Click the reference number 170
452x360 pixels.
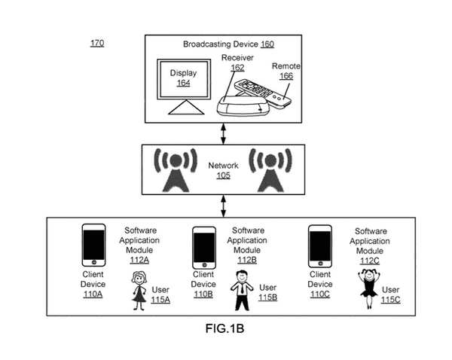(x=97, y=43)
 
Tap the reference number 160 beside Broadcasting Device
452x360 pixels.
(x=267, y=44)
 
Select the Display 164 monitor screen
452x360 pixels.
(x=184, y=79)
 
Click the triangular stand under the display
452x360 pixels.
(x=186, y=107)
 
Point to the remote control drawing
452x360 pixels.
(x=262, y=93)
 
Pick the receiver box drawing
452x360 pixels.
(x=243, y=105)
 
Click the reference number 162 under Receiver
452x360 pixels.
(x=237, y=68)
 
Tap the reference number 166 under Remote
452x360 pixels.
(x=286, y=76)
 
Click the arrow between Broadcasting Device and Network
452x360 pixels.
(x=223, y=134)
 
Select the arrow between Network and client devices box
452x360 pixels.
(x=223, y=206)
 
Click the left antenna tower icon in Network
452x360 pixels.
(x=176, y=170)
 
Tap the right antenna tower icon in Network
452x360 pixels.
(x=270, y=170)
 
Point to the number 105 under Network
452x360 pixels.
(x=224, y=175)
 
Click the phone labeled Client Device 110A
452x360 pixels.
(x=93, y=246)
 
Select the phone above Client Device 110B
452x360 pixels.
(x=204, y=248)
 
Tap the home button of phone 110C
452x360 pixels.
(x=320, y=264)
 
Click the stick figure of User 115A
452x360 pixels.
(x=139, y=291)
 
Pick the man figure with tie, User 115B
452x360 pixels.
(x=242, y=290)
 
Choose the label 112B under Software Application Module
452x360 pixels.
(x=247, y=260)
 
